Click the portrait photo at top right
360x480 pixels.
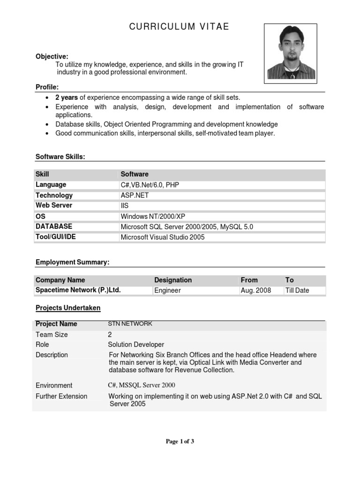(x=290, y=53)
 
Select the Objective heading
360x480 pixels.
(x=52, y=57)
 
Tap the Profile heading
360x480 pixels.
(x=47, y=88)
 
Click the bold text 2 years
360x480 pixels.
(x=67, y=98)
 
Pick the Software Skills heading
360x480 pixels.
(x=60, y=157)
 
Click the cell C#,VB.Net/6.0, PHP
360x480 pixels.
(x=150, y=185)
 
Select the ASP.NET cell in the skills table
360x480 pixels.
(x=135, y=195)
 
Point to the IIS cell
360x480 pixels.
(x=125, y=206)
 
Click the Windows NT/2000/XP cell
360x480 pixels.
(x=153, y=217)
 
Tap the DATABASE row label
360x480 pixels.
(x=54, y=226)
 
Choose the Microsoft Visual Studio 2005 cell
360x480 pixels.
(x=163, y=237)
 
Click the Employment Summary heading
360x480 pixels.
(x=73, y=262)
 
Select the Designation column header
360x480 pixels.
(x=173, y=280)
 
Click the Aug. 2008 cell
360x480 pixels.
(x=256, y=291)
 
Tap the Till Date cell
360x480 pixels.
(x=297, y=291)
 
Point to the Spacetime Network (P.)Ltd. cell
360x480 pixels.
(x=78, y=290)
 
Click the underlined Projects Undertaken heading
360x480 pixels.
(x=68, y=308)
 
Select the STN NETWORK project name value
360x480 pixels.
(x=130, y=323)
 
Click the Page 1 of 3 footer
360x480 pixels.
(x=180, y=442)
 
